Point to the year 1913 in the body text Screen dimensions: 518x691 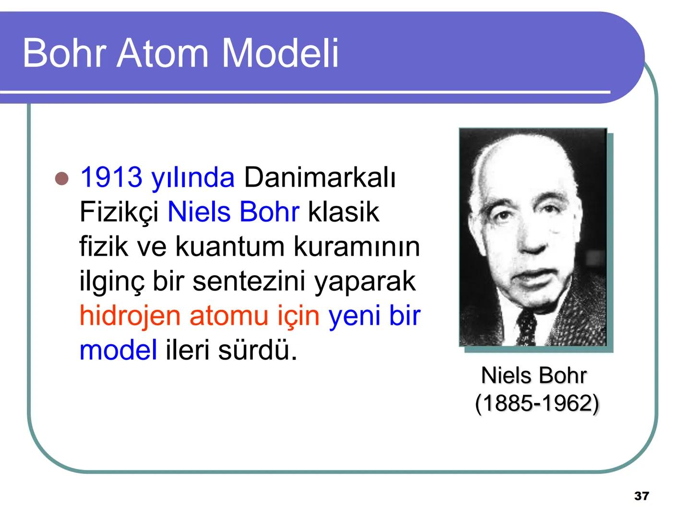[111, 177]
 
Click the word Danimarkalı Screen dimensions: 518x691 [320, 177]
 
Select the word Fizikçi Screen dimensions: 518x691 [119, 212]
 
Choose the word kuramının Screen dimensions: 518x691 [357, 247]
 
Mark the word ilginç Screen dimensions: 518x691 [111, 282]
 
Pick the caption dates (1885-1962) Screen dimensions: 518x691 [536, 403]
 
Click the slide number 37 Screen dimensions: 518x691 [641, 496]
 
